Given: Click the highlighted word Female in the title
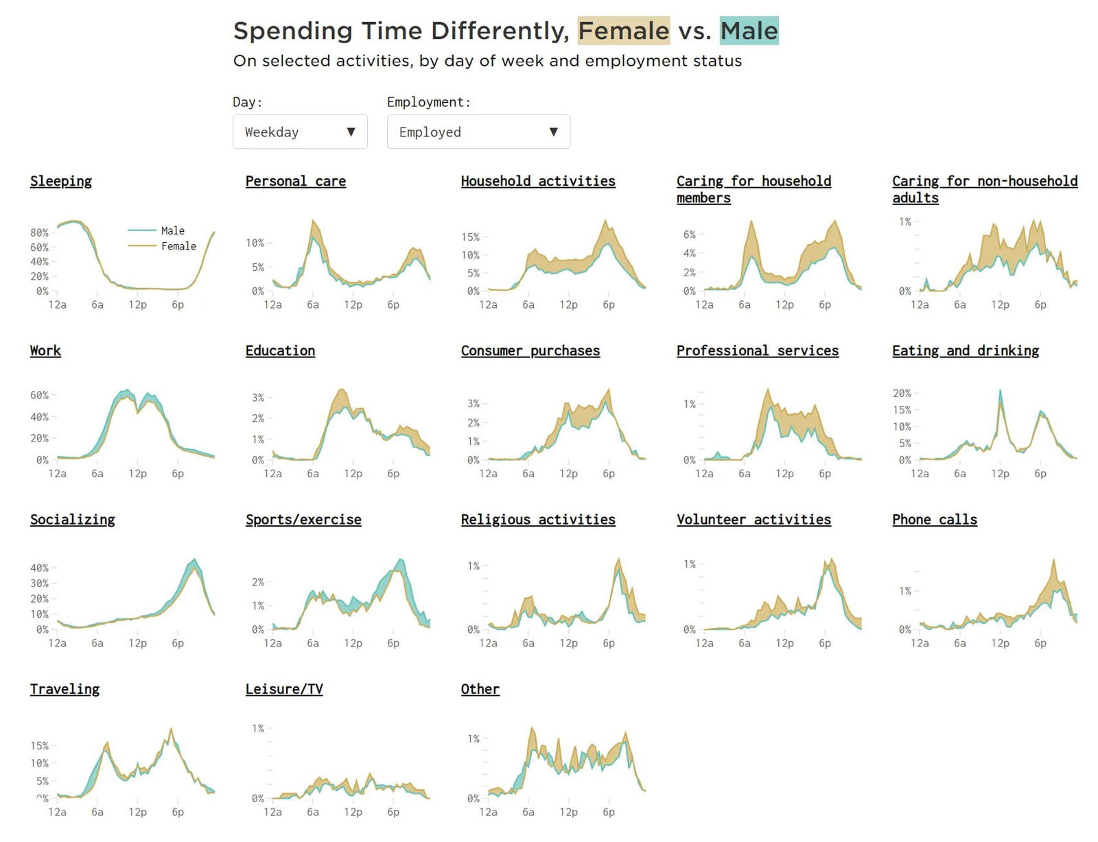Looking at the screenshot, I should tap(623, 31).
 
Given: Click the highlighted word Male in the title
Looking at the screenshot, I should tap(749, 31).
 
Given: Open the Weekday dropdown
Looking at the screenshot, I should tap(300, 132).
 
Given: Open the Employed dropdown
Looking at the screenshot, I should tap(478, 132).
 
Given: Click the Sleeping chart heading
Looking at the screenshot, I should tap(61, 181).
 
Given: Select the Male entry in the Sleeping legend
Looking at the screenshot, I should tap(172, 230).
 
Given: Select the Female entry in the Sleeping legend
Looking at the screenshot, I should tap(178, 246).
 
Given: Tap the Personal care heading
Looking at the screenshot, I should tap(296, 181).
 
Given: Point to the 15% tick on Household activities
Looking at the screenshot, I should tap(471, 237).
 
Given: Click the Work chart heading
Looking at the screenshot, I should tap(45, 350).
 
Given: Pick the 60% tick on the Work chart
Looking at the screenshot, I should tap(40, 396).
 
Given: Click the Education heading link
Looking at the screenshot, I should tap(280, 350).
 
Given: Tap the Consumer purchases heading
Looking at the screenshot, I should tap(530, 350).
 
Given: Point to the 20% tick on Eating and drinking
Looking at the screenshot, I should tap(902, 394).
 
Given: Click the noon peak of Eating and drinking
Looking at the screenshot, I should tap(1000, 392).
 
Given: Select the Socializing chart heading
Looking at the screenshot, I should tap(73, 520).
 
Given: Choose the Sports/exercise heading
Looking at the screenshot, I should tap(303, 520).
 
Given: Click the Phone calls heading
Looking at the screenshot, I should tap(935, 520).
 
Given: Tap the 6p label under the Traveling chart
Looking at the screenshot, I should tap(178, 812).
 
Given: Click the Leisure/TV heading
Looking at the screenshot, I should tap(284, 689).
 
